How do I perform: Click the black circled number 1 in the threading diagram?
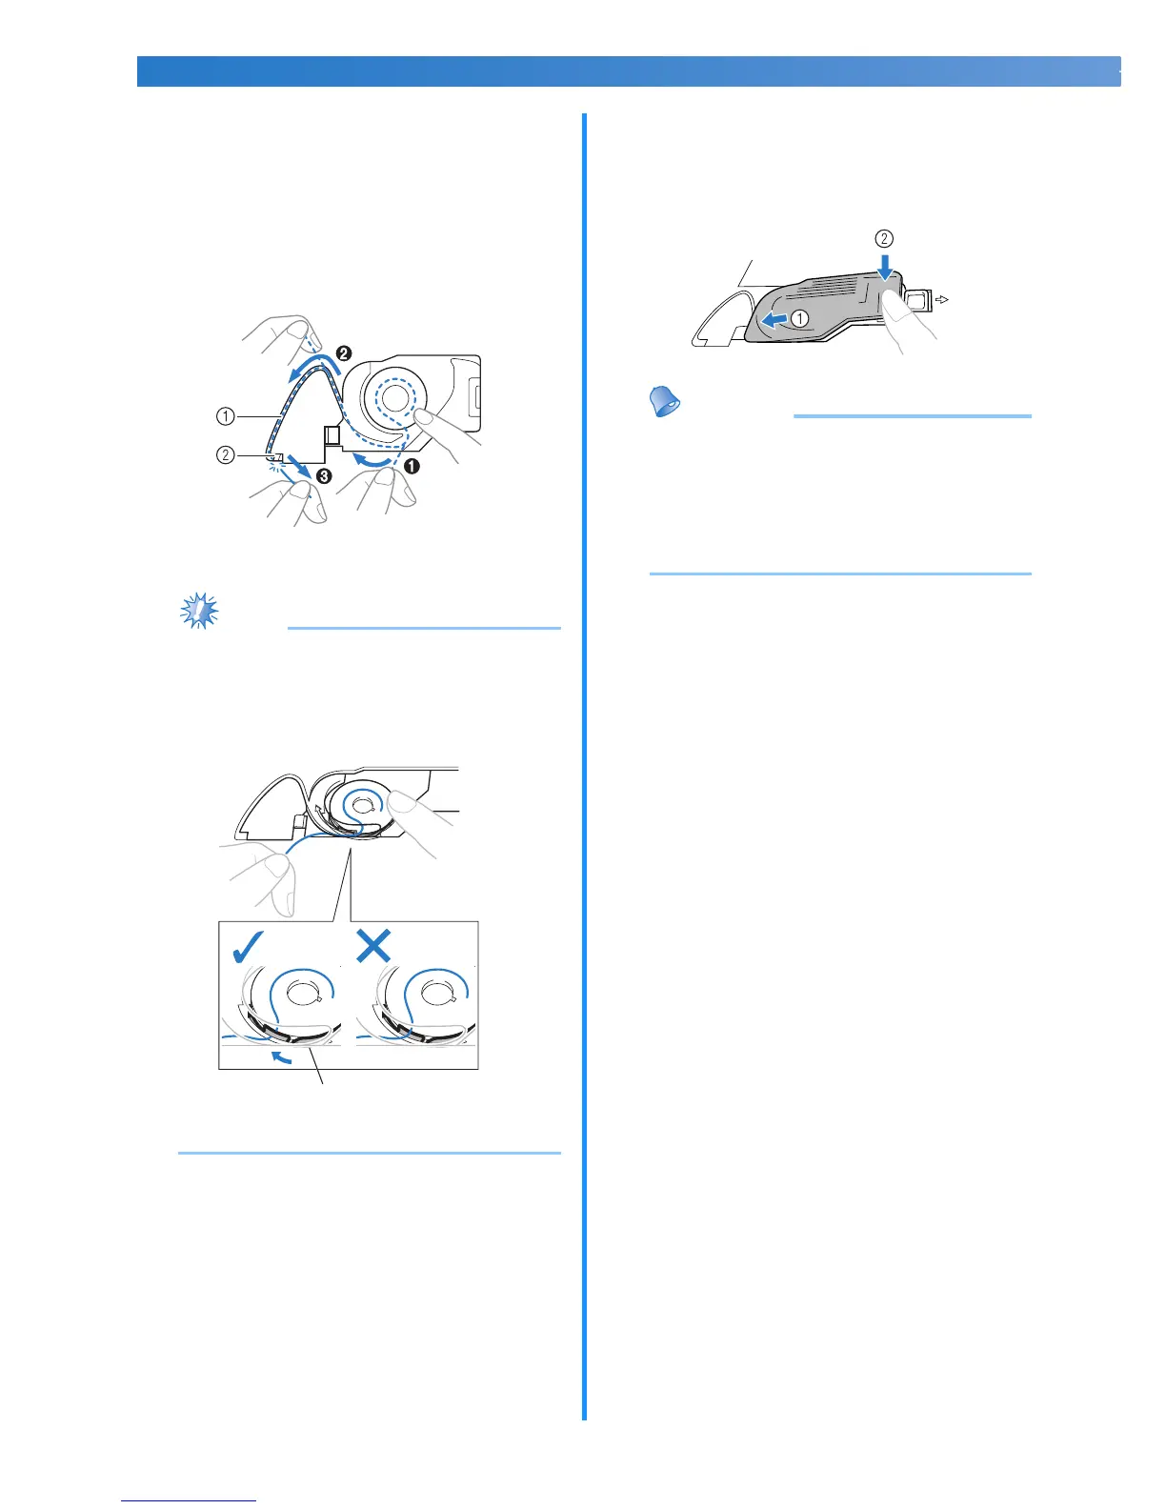point(412,467)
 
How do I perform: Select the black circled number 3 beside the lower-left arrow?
point(324,476)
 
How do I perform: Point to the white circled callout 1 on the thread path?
point(225,416)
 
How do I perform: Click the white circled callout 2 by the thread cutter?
point(225,454)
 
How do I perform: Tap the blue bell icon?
point(664,403)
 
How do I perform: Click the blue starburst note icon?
point(199,611)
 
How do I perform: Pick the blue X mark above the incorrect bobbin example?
point(373,945)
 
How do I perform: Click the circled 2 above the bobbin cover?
point(885,238)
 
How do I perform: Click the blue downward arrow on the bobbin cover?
point(886,267)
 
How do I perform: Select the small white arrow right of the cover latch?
point(942,299)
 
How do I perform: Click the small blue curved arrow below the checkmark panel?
point(281,1056)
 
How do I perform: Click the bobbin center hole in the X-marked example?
point(438,996)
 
